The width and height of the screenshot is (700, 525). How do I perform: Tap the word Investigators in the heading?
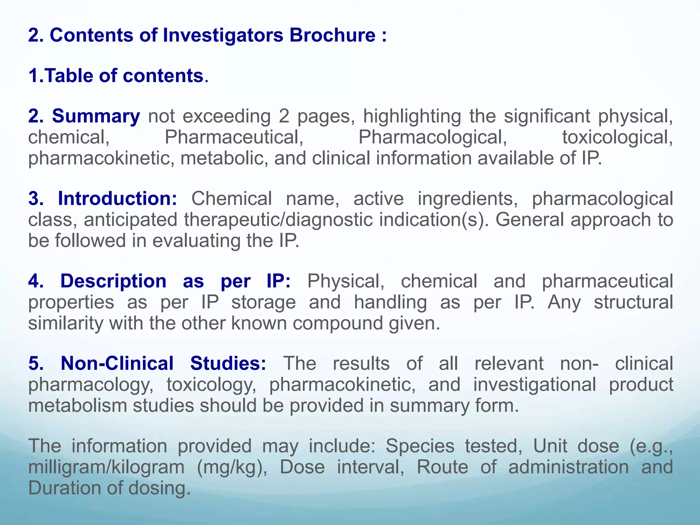click(x=223, y=35)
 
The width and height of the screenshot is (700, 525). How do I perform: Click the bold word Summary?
click(x=96, y=116)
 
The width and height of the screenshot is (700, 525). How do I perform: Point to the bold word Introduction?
click(x=118, y=199)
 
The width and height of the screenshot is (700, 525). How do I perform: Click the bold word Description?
click(x=113, y=281)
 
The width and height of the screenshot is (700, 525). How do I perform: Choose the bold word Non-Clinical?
click(x=117, y=363)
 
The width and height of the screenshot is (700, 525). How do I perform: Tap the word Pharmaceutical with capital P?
click(x=234, y=137)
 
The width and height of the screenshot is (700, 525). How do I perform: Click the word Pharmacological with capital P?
click(x=432, y=137)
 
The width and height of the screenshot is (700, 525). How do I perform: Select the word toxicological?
click(x=617, y=137)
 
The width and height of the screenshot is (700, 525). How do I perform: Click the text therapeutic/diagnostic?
click(x=278, y=220)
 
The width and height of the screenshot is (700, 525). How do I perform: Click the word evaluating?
click(x=196, y=241)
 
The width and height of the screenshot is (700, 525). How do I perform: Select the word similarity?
click(x=65, y=323)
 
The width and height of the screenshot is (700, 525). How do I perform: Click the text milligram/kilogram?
click(x=106, y=467)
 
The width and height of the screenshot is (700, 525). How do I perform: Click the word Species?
click(x=420, y=446)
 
